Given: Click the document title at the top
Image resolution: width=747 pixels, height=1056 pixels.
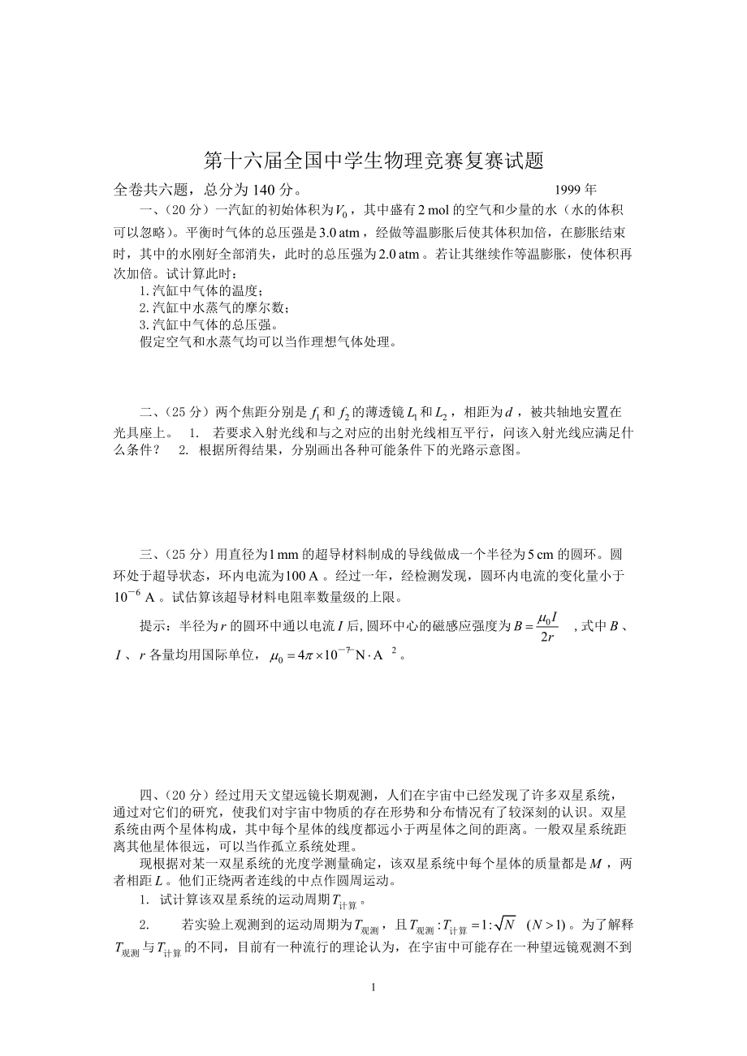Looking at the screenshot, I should pos(373,161).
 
